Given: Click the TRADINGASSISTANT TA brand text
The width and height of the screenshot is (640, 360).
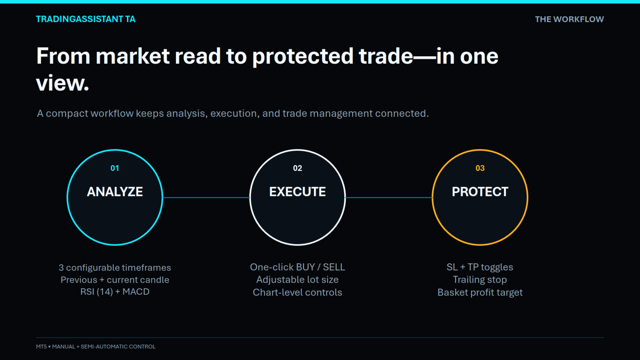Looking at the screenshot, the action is pos(86,19).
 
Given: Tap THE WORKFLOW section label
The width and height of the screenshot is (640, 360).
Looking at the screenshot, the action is pos(569,19).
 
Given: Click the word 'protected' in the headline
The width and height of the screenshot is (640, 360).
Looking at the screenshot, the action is pos(303,56).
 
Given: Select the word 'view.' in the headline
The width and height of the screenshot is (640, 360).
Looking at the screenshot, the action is pos(63,83).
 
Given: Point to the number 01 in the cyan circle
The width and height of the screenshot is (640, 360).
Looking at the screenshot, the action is pos(115,168).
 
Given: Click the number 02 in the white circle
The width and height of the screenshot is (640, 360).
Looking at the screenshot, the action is pos(297,168).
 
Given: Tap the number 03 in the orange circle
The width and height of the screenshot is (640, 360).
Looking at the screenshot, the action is pos(480,168).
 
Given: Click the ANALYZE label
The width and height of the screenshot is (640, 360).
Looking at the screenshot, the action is pos(115,192).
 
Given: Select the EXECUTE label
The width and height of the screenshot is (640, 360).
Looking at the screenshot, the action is pos(297,192).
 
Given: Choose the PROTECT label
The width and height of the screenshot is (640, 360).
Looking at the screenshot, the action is pos(480,192).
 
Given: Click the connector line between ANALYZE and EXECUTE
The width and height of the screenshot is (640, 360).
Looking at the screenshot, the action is pos(206,197).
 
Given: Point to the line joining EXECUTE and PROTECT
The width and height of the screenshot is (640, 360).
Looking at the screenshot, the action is pos(389,197).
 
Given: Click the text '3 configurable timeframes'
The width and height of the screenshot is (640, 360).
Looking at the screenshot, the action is pos(115,268).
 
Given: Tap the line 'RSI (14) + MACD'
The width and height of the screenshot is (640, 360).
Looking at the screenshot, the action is pos(115,292).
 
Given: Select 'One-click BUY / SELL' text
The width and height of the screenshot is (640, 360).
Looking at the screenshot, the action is pos(297,267).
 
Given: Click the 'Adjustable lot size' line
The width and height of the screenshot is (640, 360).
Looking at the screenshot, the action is pos(297,280).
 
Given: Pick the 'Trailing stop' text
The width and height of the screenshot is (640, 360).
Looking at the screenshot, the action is pos(480,280).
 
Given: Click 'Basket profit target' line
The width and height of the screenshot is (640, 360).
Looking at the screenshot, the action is pos(480,292).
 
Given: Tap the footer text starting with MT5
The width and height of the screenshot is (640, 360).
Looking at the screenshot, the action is pos(96,347).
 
